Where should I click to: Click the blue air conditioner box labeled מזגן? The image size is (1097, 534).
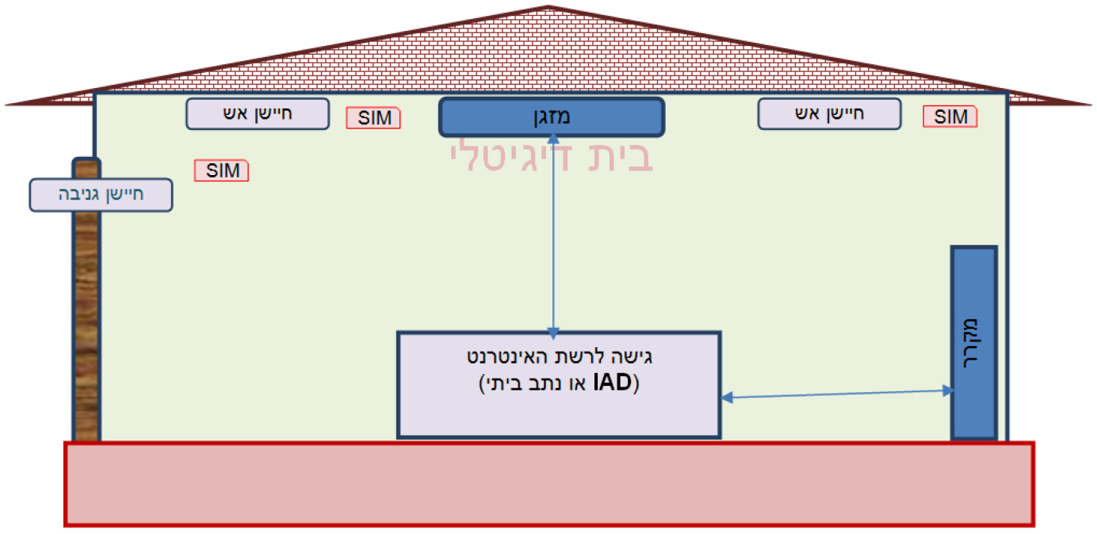(x=551, y=117)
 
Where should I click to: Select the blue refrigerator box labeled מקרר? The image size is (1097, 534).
(x=973, y=342)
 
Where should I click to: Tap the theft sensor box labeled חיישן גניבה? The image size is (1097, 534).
(x=101, y=195)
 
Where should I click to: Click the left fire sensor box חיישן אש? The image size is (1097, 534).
(x=257, y=113)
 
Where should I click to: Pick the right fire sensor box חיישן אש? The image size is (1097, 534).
(x=829, y=113)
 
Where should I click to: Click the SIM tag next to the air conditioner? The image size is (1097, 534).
(x=373, y=119)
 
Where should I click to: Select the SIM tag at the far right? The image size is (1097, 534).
(x=950, y=117)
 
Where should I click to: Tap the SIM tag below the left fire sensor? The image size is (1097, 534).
(x=221, y=170)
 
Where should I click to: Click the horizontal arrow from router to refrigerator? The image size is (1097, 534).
(x=836, y=394)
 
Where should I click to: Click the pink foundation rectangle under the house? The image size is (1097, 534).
(x=549, y=483)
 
